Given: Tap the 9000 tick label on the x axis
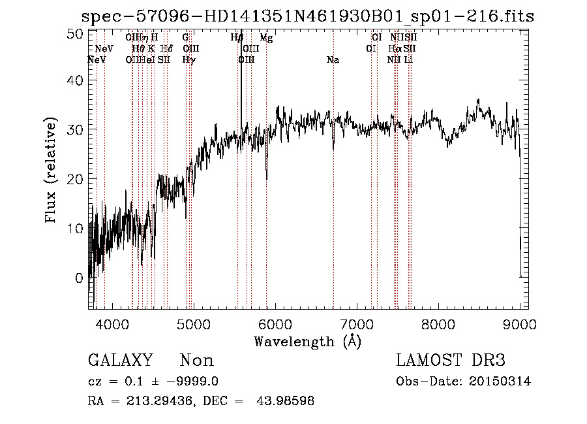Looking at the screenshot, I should tap(520, 324).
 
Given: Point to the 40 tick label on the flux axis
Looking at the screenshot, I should tap(76, 80).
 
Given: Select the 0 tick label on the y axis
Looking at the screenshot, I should tap(80, 278).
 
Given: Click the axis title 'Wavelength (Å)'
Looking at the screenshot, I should tap(307, 341).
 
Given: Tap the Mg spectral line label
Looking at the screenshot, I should tap(266, 38).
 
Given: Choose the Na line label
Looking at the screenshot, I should tap(333, 60).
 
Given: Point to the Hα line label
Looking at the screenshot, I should tap(395, 49).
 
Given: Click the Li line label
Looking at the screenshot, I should tap(408, 60).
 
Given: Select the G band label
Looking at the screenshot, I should tap(186, 38).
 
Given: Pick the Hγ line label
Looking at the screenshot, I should tap(188, 60).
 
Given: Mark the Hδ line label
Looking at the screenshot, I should tap(166, 49).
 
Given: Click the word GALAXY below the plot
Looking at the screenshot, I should tap(120, 361).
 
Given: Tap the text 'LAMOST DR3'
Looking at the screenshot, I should tap(450, 361).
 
